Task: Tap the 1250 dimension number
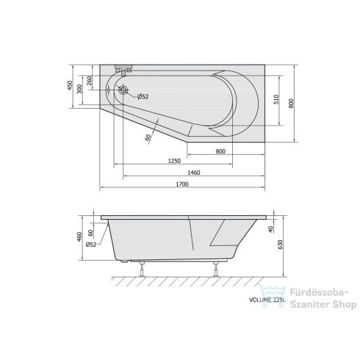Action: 173,161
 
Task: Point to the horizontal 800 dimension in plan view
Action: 220,151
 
